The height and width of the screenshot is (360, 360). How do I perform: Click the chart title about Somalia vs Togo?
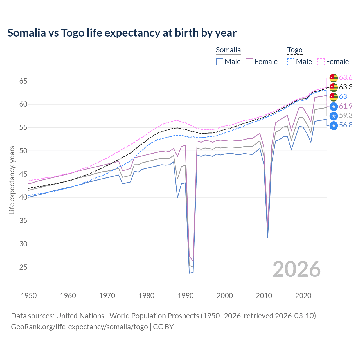pyautogui.click(x=122, y=33)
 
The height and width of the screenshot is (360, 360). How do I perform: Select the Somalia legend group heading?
pyautogui.click(x=228, y=50)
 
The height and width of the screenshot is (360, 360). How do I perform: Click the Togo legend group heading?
pyautogui.click(x=294, y=50)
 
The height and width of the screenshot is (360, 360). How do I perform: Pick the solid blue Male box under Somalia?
pyautogui.click(x=220, y=62)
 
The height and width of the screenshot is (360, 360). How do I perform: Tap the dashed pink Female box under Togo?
pyautogui.click(x=321, y=62)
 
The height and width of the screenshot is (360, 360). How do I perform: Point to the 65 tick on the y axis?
pyautogui.click(x=23, y=81)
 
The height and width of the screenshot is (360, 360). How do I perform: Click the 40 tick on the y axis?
pyautogui.click(x=23, y=197)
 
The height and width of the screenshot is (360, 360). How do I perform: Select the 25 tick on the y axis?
pyautogui.click(x=23, y=267)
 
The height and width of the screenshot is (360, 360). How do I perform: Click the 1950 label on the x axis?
pyautogui.click(x=29, y=296)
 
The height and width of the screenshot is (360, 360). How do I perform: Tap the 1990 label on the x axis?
pyautogui.click(x=186, y=296)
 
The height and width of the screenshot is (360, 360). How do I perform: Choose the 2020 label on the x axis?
pyautogui.click(x=303, y=296)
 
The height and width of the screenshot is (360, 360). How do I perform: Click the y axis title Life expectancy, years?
pyautogui.click(x=12, y=180)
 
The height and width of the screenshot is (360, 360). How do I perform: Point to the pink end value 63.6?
pyautogui.click(x=346, y=77)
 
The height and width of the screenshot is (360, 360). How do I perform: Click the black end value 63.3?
pyautogui.click(x=346, y=87)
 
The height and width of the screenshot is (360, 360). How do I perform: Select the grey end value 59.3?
pyautogui.click(x=346, y=115)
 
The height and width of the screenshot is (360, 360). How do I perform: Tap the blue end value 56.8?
pyautogui.click(x=346, y=125)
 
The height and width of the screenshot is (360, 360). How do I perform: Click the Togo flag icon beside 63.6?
pyautogui.click(x=334, y=78)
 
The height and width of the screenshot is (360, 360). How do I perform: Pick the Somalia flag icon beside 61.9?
pyautogui.click(x=334, y=106)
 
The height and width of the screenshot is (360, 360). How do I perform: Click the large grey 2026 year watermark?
pyautogui.click(x=297, y=269)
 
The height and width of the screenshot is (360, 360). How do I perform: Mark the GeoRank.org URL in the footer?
pyautogui.click(x=79, y=327)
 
